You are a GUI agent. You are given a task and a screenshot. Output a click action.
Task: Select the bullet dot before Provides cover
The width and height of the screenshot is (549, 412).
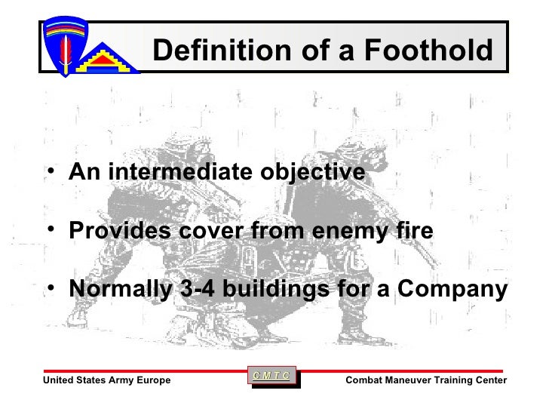49,229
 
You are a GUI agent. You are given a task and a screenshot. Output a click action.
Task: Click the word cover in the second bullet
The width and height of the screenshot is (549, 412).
209,231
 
